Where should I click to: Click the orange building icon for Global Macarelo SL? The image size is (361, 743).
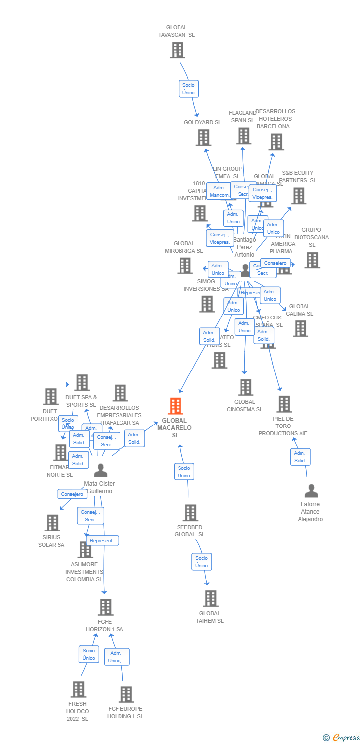176,406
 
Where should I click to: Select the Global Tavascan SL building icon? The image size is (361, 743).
177,50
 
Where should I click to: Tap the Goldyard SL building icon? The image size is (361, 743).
203,137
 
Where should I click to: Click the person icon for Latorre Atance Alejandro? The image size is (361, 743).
311,491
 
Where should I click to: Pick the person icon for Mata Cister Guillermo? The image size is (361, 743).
101,470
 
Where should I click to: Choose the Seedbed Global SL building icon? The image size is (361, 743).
190,513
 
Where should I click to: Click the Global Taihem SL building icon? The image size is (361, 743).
211,599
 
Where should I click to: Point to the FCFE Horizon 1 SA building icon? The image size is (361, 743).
105,607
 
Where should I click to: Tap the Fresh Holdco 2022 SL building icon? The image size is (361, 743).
78,690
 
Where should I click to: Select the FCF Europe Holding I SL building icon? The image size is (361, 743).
126,694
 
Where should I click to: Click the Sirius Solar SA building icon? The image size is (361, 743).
52,523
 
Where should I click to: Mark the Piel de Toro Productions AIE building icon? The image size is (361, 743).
284,404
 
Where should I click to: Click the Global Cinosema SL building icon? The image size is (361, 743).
245,387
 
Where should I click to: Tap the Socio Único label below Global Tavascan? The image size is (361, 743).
188,89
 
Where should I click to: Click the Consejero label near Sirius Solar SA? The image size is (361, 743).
72,494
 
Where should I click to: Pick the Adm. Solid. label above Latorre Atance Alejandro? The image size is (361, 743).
300,457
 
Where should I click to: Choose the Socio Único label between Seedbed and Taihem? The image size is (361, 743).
202,562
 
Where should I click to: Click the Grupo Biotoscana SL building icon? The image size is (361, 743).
312,260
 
